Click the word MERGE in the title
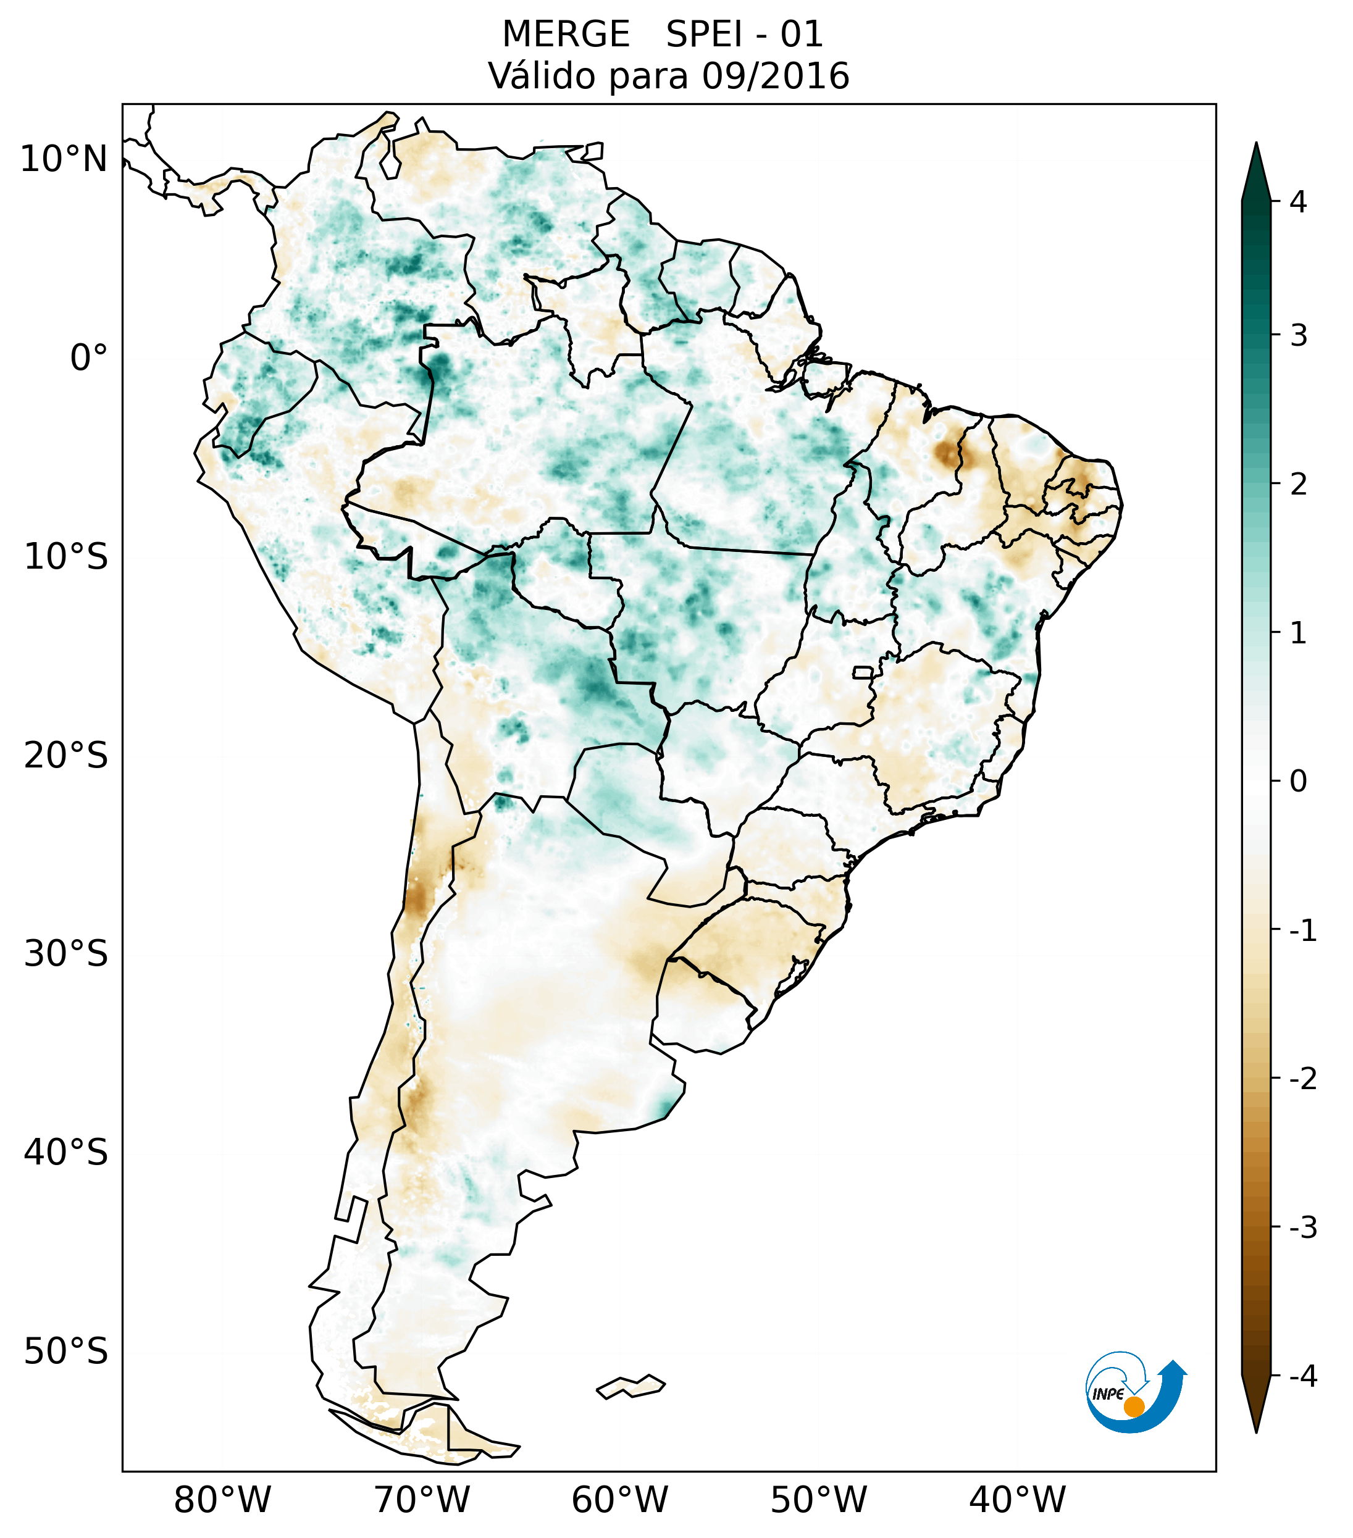click(565, 35)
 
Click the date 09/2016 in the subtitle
click(775, 76)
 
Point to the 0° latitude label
click(89, 358)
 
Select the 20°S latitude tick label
click(66, 756)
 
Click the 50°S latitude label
click(66, 1352)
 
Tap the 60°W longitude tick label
click(619, 1500)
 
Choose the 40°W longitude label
click(1018, 1500)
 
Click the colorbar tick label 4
click(1298, 202)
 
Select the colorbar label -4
click(1302, 1377)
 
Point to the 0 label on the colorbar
click(1298, 782)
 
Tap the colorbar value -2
click(1302, 1079)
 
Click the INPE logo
click(1135, 1391)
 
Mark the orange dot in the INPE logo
click(1134, 1406)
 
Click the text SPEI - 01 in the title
click(744, 35)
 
